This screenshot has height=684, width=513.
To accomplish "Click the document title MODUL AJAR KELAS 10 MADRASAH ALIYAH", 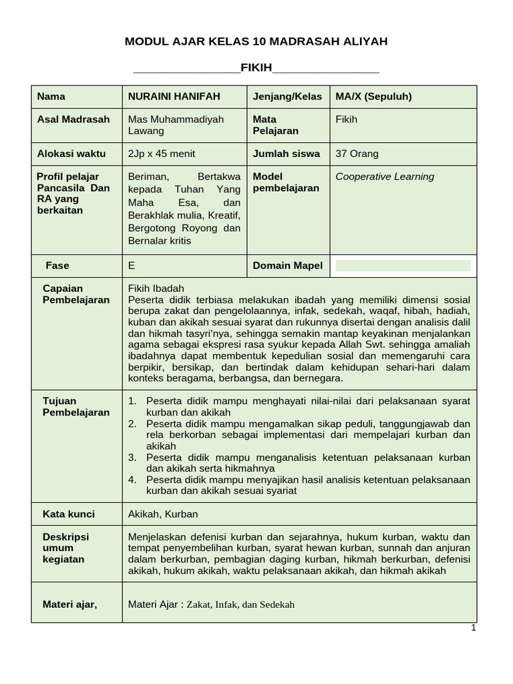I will click(256, 41).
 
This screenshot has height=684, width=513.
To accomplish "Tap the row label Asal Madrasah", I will click(73, 120).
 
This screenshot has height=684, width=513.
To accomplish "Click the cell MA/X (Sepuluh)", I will click(373, 96).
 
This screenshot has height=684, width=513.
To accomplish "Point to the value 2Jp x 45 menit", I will click(162, 154).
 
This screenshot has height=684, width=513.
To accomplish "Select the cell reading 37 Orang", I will click(357, 154).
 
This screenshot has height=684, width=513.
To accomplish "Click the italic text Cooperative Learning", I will click(385, 177).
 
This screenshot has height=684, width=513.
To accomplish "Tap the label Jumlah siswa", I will click(286, 154).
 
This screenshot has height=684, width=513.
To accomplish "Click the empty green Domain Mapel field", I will click(403, 266).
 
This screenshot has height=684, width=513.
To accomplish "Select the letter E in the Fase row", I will click(132, 266).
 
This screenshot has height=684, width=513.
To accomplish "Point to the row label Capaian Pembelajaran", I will click(75, 294).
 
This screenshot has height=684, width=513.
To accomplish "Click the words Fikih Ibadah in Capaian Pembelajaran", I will click(156, 289).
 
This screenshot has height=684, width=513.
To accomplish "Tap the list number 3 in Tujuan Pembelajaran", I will click(132, 458).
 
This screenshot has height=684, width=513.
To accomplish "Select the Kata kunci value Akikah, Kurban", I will click(163, 514).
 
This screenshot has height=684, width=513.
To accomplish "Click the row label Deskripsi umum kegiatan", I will click(65, 548).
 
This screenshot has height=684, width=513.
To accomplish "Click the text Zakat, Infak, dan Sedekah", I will click(240, 605).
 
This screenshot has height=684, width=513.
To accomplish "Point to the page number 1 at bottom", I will click(473, 628).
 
